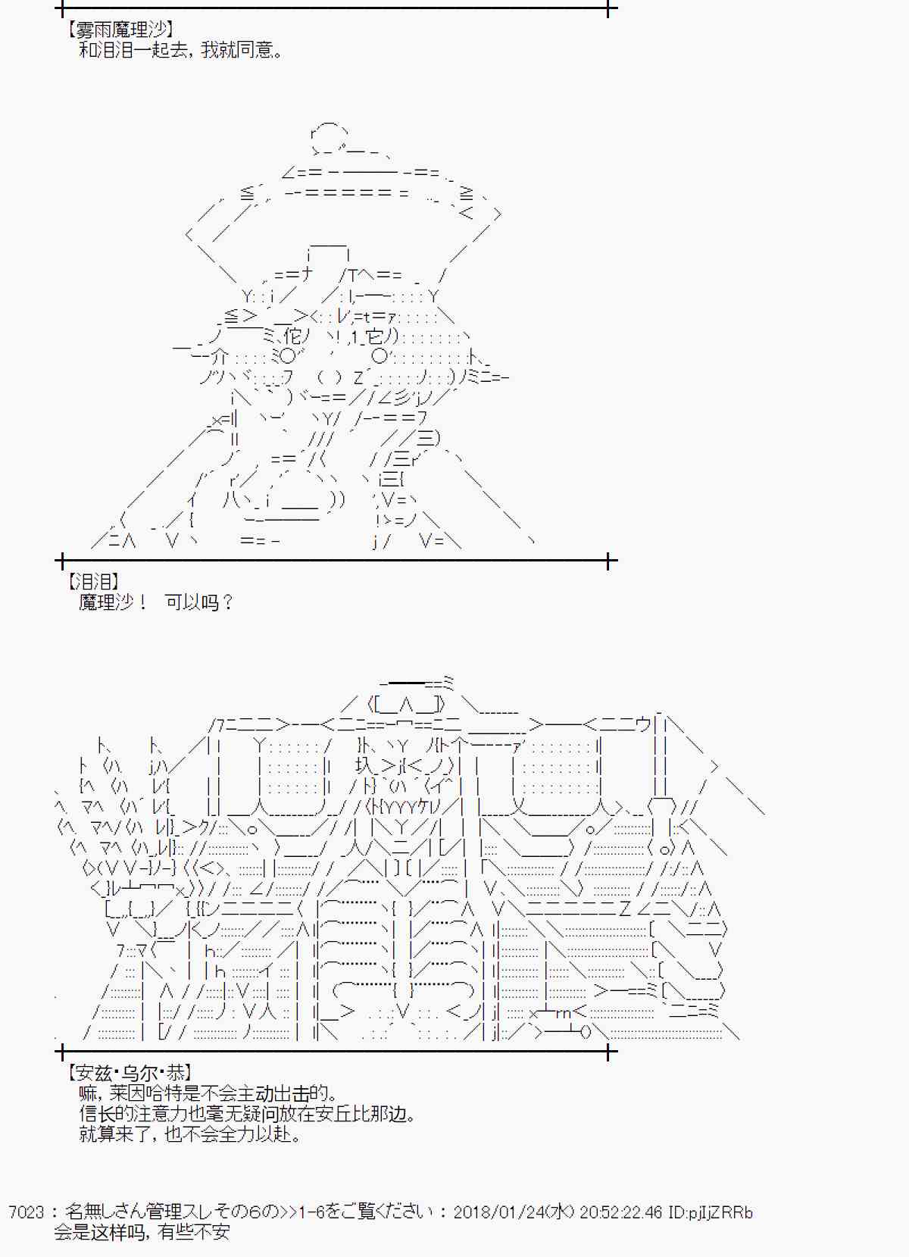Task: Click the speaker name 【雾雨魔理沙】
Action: tap(120, 30)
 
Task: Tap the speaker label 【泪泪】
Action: tap(93, 581)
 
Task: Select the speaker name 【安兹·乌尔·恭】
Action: tap(130, 1072)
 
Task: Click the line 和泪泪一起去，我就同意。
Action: tap(181, 51)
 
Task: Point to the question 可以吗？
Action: tap(199, 602)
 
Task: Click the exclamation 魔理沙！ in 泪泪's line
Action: tap(113, 602)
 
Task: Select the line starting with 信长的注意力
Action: tap(248, 1114)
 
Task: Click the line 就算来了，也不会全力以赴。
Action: tap(190, 1135)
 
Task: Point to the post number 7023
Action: tap(26, 1212)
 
